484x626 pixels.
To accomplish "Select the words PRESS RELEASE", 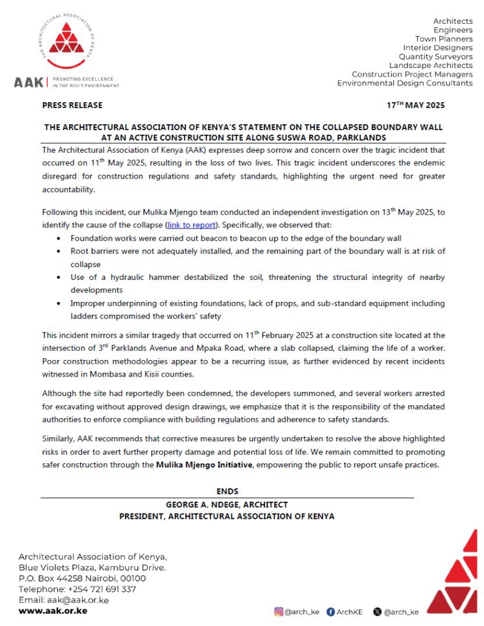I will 72,105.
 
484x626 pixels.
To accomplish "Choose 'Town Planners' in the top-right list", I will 444,39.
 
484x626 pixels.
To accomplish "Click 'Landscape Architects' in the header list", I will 431,65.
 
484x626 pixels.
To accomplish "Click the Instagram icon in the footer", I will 279,611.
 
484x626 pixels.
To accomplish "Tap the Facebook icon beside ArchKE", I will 331,611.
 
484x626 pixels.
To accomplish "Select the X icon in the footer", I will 377,611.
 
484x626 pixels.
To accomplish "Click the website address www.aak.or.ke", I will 53,611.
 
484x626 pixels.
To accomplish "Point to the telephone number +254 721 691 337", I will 100,589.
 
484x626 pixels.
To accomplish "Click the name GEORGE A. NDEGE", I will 196,505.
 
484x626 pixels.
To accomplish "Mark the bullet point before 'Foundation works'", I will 59,237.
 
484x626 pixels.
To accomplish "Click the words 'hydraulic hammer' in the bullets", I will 152,278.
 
